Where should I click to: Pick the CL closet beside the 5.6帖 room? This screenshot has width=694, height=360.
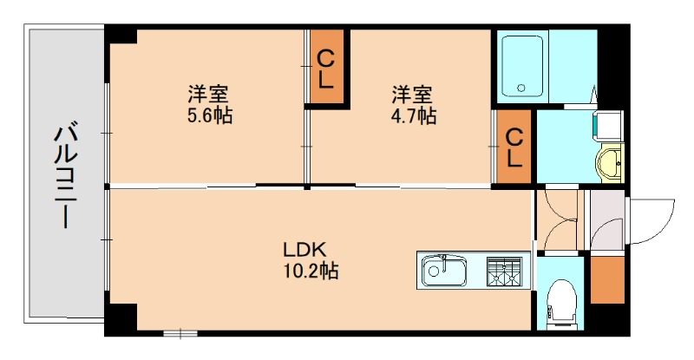tap(326, 69)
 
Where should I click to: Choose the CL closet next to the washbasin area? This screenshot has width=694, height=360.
tap(514, 147)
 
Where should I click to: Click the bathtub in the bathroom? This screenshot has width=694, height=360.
tap(522, 65)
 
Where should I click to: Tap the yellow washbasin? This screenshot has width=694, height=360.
tap(611, 162)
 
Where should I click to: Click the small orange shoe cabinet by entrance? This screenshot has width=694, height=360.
tap(606, 278)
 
